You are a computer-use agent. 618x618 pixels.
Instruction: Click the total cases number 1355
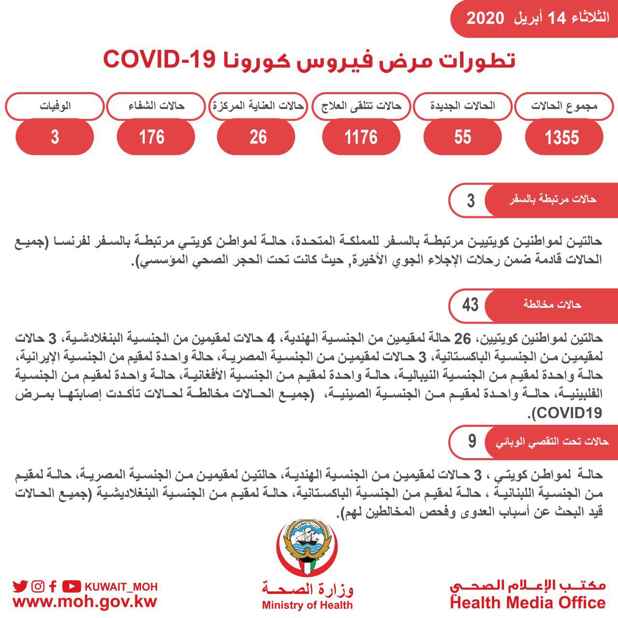562,138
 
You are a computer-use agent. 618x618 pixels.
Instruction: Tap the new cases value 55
462,137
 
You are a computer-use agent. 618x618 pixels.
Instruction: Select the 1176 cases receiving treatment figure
361,137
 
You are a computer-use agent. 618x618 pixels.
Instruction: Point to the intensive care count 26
258,137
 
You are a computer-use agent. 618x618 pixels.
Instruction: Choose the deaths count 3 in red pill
55,137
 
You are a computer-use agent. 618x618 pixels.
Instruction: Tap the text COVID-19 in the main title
159,60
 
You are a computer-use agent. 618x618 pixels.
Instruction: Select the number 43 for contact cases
470,305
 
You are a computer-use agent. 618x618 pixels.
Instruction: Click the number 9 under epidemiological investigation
472,441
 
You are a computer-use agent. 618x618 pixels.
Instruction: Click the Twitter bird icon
20,587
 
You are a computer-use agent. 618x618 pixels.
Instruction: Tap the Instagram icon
38,587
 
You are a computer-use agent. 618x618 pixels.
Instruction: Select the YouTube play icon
71,587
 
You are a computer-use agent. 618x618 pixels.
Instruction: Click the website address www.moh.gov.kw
85,603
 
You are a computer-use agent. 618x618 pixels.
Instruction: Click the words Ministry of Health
307,605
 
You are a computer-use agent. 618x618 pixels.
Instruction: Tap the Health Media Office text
528,603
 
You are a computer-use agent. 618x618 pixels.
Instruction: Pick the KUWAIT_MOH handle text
121,587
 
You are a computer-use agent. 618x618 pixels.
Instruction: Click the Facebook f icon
53,587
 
